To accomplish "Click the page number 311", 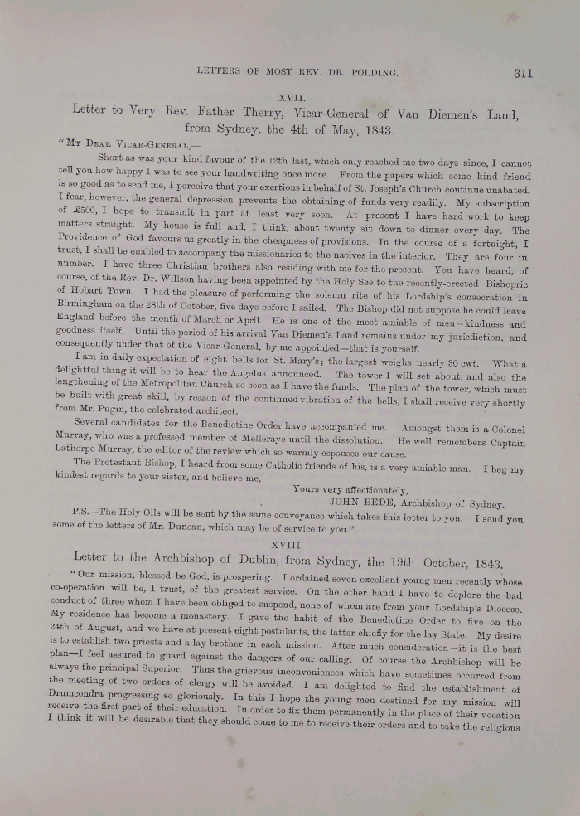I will click(522, 73).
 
